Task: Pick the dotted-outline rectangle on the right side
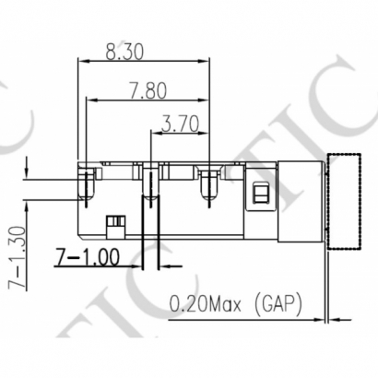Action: (347, 201)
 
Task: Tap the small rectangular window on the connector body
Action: (260, 194)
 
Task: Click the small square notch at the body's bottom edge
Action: (115, 221)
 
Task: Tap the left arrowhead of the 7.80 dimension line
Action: (90, 100)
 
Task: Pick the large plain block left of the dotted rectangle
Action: (300, 201)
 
